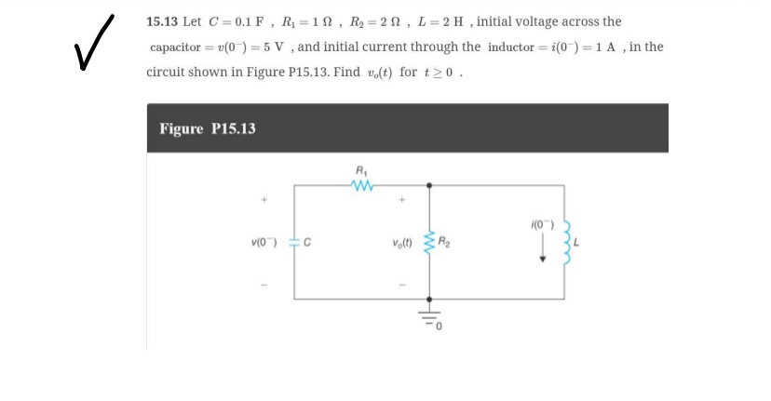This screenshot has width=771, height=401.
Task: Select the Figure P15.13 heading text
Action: (x=208, y=128)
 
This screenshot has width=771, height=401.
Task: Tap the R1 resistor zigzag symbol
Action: (x=360, y=185)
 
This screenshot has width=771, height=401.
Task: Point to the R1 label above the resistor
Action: (x=360, y=170)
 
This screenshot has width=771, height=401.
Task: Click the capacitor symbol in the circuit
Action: (x=295, y=245)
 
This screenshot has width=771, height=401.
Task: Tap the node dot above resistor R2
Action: (x=429, y=185)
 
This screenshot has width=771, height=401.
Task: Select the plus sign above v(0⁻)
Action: (x=264, y=198)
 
